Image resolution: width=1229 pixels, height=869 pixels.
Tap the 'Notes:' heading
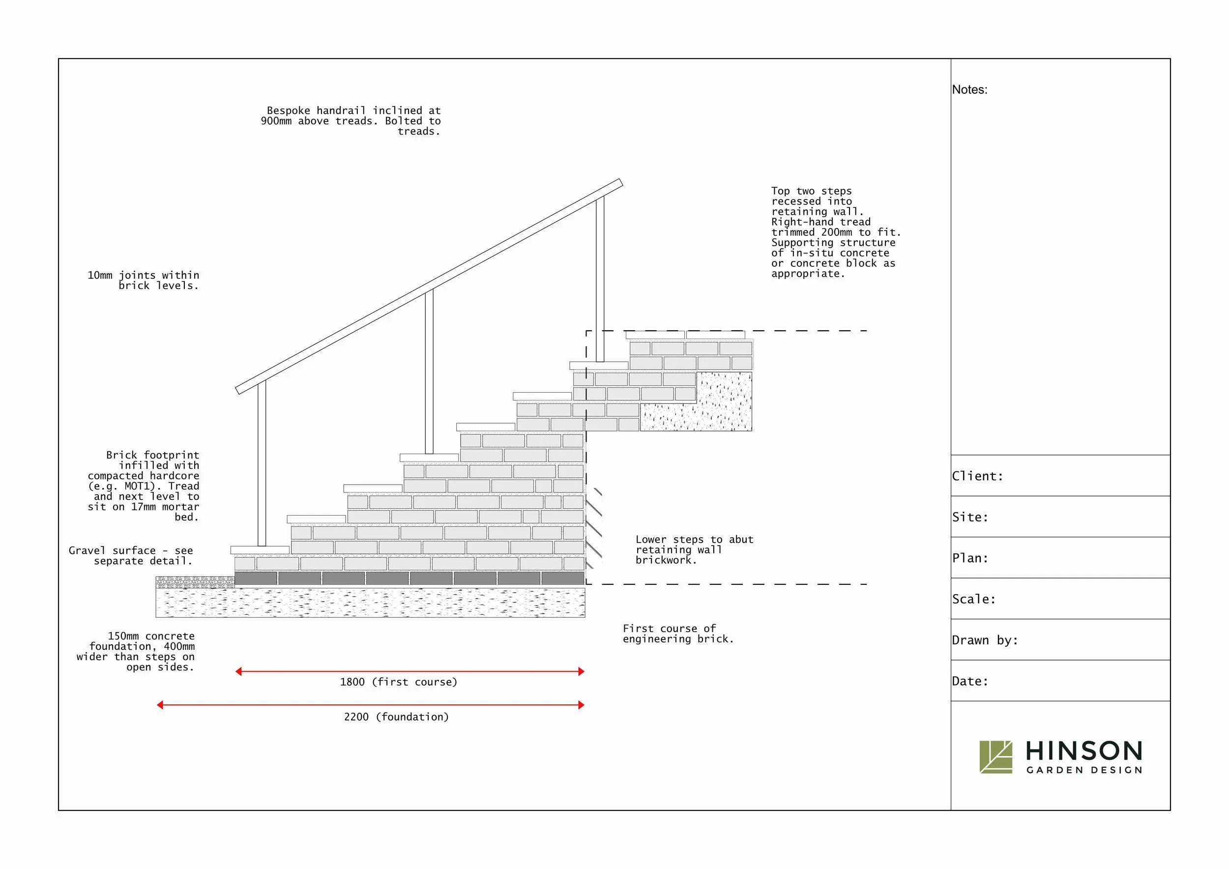[969, 89]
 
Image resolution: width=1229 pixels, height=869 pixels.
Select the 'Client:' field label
[977, 476]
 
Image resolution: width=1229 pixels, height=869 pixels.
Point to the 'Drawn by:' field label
[984, 640]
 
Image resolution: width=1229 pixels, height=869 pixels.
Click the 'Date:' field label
[969, 681]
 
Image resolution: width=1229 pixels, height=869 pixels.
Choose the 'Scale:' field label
[973, 599]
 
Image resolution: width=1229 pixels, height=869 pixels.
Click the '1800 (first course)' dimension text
[398, 682]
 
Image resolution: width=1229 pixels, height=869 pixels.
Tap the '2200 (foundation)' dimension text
[396, 717]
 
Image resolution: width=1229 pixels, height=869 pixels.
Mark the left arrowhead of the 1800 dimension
[239, 671]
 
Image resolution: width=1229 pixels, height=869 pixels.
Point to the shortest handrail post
[262, 464]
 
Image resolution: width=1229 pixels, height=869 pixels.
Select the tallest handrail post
[600, 279]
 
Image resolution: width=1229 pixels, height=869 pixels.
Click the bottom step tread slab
[260, 550]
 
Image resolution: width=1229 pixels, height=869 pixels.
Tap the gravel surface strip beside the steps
[195, 582]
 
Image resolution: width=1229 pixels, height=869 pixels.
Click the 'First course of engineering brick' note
[678, 634]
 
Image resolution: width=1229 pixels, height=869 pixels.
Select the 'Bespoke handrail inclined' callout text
[351, 121]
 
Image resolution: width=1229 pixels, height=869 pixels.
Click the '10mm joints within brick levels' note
[144, 280]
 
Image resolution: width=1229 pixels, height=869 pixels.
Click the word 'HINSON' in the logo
[1084, 751]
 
